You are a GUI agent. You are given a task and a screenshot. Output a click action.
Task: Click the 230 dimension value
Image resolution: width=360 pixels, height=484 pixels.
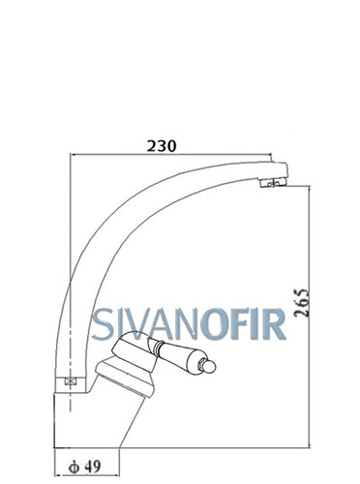coord(162,146)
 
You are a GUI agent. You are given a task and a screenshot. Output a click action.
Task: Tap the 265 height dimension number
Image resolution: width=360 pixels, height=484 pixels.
coord(302,303)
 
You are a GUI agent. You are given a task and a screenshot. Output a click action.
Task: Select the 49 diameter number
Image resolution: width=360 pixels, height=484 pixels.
coord(94,467)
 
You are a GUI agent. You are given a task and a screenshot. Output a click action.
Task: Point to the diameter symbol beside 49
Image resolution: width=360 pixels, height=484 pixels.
coord(74,467)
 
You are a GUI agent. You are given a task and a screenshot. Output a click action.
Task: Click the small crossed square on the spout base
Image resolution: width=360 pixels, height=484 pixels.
coord(71,381)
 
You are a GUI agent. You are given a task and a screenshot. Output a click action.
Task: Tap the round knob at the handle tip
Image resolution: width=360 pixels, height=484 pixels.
coord(210,367)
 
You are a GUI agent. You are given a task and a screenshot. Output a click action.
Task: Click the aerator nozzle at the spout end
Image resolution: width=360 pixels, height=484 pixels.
coord(273,183)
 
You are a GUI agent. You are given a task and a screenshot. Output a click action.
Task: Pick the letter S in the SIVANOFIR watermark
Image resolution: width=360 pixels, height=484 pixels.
coord(102,324)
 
